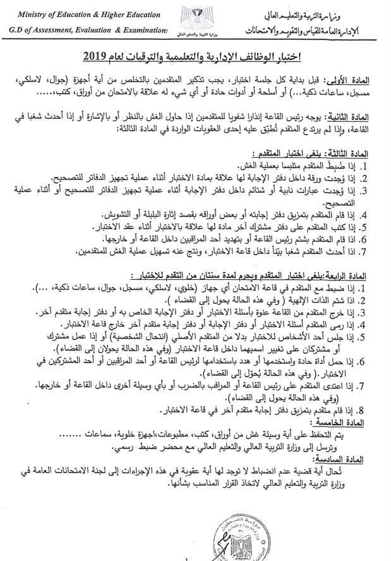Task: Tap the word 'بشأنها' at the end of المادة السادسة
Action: [183, 483]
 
